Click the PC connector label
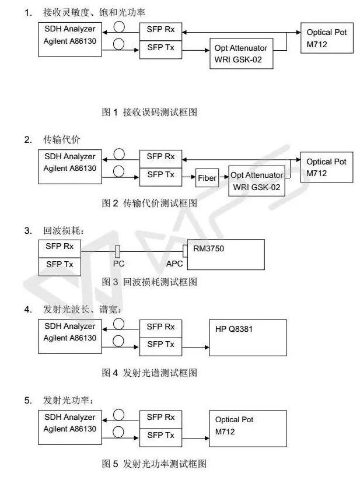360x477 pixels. pos(118,264)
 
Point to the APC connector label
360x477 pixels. pos(174,264)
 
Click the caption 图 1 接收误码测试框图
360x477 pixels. pos(149,112)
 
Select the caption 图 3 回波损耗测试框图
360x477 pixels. pos(149,282)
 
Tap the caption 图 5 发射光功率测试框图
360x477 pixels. pos(154,464)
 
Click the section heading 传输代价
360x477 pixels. pos(61,139)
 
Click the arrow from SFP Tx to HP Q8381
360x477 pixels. pos(195,347)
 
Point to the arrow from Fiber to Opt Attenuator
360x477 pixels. pos(223,177)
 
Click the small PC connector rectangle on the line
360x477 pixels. pos(117,252)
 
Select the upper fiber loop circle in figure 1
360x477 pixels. pos(119,26)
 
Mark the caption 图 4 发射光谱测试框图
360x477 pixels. pos(149,373)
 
